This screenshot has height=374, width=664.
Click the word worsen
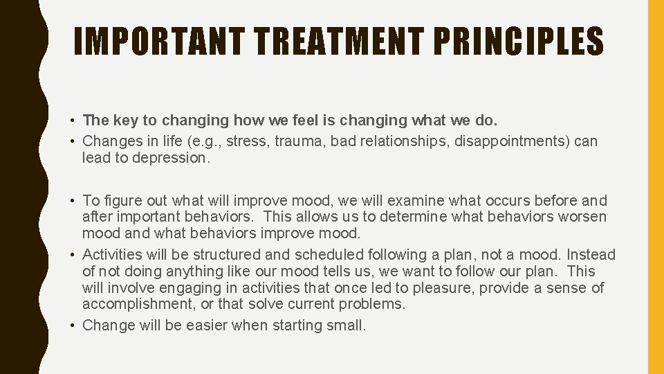(584, 217)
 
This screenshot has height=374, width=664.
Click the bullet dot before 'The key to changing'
(73, 121)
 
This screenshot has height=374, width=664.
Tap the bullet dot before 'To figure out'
(73, 202)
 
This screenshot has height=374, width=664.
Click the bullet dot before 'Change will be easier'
(73, 326)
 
